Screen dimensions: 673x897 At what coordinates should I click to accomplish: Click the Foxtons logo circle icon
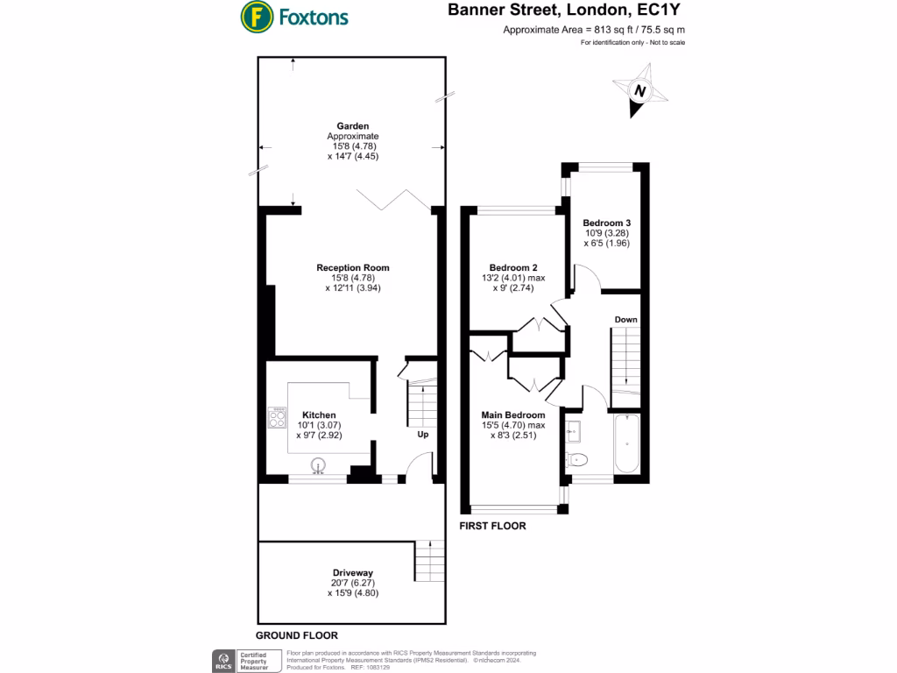pos(256,17)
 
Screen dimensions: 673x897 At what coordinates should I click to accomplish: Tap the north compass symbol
pos(639,92)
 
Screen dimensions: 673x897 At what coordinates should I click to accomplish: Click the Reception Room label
pos(353,267)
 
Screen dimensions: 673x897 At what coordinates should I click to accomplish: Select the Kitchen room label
pos(319,414)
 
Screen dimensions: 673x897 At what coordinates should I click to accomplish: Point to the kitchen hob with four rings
pos(277,418)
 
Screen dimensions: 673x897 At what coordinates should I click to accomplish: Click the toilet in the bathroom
pos(578,460)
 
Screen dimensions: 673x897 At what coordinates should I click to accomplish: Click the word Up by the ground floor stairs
pos(422,435)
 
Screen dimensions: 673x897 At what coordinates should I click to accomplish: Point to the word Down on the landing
pos(625,319)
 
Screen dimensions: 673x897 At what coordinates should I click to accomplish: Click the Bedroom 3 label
pos(607,223)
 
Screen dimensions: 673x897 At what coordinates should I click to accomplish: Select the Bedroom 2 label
pos(513,267)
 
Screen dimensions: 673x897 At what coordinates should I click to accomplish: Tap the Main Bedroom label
pos(513,414)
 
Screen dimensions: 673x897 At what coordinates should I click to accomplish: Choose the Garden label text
pos(353,126)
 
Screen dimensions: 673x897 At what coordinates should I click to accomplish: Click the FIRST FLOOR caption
pos(493,526)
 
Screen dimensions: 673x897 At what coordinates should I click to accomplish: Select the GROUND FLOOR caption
pos(296,635)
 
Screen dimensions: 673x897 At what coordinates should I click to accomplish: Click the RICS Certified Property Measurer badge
pos(246,661)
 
